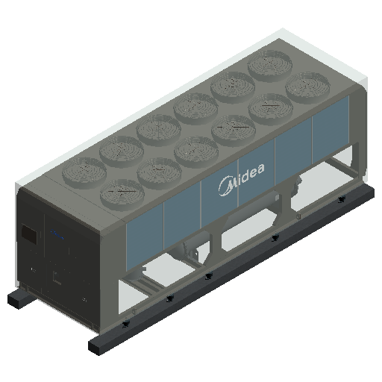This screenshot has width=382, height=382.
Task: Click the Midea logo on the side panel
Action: [x=242, y=179]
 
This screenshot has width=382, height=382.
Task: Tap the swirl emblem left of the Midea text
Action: [x=225, y=186]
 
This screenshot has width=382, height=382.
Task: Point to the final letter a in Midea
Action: [x=260, y=169]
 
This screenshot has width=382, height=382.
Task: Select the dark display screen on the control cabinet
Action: [x=29, y=234]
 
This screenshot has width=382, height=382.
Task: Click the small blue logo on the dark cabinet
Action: [x=57, y=235]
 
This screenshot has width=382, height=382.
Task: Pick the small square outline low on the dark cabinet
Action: [x=57, y=278]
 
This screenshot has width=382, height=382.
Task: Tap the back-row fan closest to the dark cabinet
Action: [x=84, y=170]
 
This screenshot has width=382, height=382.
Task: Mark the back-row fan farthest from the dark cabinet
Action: [x=270, y=64]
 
